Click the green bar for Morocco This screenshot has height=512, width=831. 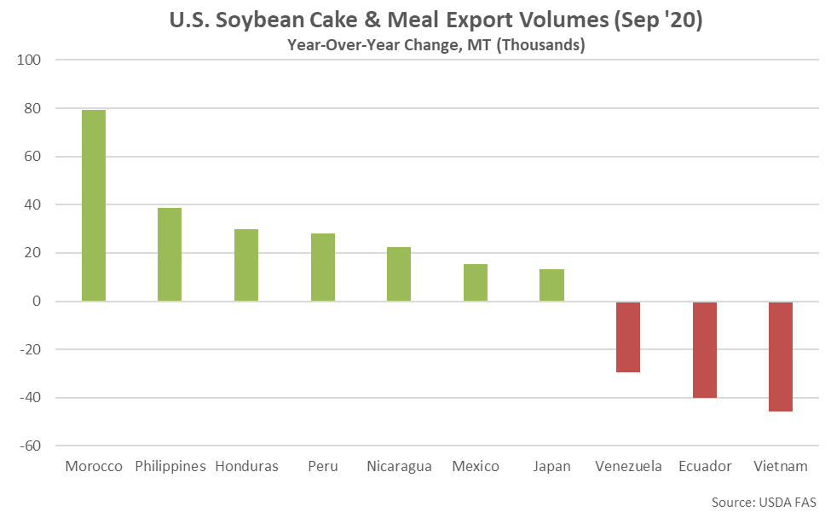(x=94, y=205)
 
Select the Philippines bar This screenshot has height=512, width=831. (x=170, y=254)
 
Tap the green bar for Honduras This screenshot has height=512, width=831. (x=246, y=265)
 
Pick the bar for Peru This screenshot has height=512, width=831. (x=323, y=267)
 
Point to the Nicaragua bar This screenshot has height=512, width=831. (x=399, y=273)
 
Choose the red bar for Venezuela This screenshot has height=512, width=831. (x=628, y=337)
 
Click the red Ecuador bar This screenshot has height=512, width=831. (x=705, y=349)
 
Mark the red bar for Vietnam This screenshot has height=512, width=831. (x=781, y=356)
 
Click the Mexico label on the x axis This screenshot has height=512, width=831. (x=476, y=467)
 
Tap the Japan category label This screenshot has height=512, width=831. (x=551, y=467)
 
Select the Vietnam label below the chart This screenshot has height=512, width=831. (x=781, y=467)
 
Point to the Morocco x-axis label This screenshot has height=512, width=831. (x=94, y=467)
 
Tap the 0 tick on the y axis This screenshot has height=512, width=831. (x=36, y=302)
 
